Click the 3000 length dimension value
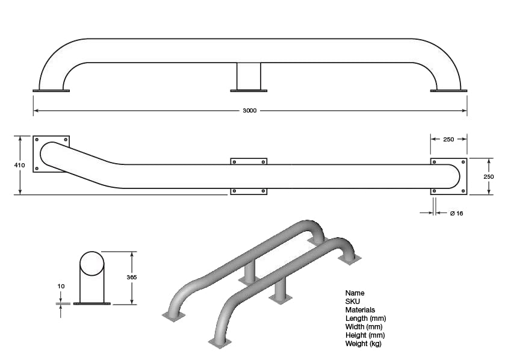250,111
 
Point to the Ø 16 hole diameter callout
456,213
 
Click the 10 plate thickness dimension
61,286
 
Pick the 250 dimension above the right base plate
448,139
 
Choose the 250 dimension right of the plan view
489,176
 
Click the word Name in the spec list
355,293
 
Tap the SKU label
352,302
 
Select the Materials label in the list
360,310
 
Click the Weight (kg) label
363,344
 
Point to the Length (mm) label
365,318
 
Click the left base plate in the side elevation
51,91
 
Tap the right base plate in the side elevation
448,91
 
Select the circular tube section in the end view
91,263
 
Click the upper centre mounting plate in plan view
249,161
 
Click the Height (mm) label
365,335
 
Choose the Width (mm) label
364,327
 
